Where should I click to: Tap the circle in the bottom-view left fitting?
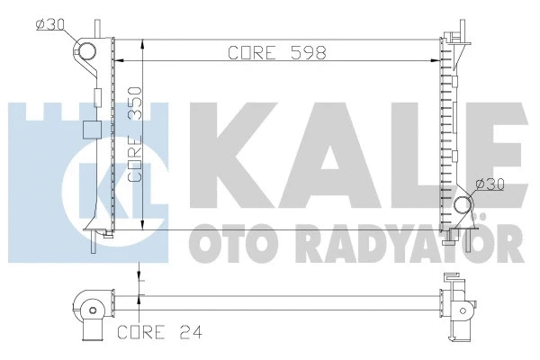[91, 310]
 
